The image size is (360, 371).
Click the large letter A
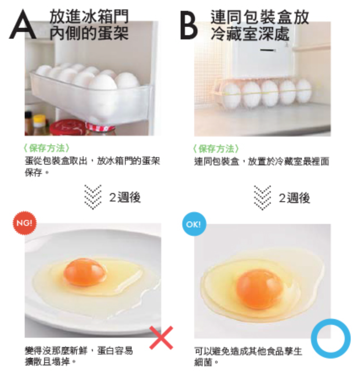click(23, 25)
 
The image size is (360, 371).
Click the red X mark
click(161, 338)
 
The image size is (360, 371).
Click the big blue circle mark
click(331, 339)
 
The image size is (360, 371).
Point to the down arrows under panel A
click(93, 197)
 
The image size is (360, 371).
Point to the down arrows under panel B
click(262, 197)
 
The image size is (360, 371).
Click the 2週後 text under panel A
click(125, 198)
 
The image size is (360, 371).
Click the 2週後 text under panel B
click(294, 198)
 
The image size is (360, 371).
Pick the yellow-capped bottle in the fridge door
click(39, 124)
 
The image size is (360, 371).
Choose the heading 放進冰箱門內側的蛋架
click(89, 25)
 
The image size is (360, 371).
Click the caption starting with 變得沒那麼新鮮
click(79, 356)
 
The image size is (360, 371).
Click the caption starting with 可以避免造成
click(248, 356)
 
